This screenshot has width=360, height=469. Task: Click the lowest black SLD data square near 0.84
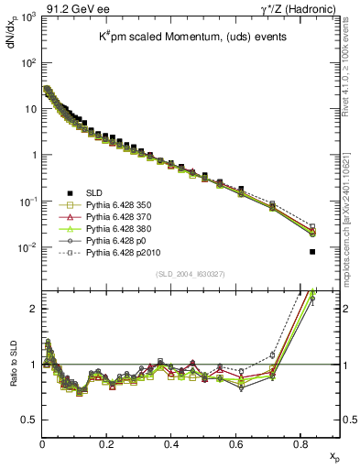pos(312,252)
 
